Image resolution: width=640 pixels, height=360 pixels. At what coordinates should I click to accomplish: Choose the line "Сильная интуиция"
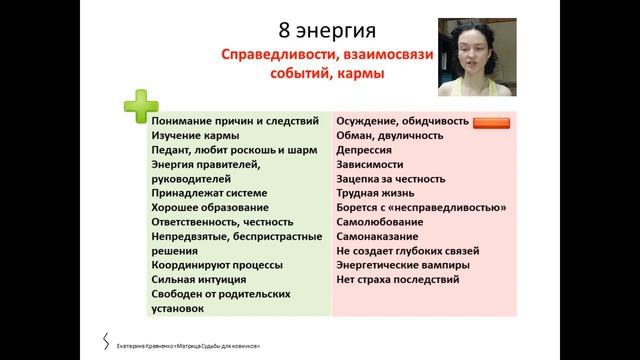[204, 280]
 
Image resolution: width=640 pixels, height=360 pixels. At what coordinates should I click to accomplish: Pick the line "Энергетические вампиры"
[409, 265]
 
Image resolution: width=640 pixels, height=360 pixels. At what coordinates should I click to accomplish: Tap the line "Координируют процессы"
[217, 265]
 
